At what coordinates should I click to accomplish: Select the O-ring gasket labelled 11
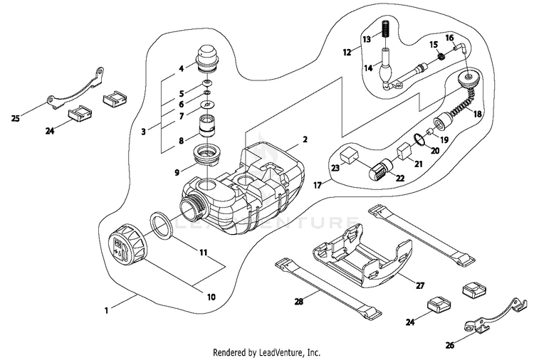click(x=163, y=226)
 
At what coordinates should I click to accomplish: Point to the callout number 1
click(x=106, y=309)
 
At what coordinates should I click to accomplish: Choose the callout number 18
click(x=477, y=113)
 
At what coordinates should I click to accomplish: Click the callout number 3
click(x=145, y=132)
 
